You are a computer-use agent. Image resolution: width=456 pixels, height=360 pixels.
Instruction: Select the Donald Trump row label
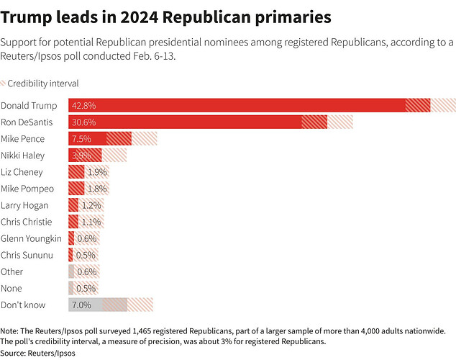coord(29,105)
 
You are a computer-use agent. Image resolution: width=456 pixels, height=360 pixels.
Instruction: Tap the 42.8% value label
coord(83,105)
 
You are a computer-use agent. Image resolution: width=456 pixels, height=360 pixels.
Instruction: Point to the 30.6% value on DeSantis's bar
coord(83,122)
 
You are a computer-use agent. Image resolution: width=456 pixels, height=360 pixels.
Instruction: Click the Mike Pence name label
coord(23,138)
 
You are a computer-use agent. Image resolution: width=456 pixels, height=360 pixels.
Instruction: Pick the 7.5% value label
coord(81,138)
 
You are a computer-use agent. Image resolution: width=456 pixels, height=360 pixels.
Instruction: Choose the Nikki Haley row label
coord(23,155)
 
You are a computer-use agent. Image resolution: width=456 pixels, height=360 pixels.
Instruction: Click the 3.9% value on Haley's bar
coord(81,155)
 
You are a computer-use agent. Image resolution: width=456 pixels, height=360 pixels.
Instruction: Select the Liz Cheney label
coord(22,172)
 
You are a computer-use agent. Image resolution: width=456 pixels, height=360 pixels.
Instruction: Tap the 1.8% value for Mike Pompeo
coord(96,189)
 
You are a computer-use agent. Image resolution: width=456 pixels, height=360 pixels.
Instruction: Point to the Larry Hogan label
coord(24,205)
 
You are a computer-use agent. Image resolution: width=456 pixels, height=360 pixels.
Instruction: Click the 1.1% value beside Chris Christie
coord(91,222)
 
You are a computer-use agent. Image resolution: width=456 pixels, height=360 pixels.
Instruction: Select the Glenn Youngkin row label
coord(31,238)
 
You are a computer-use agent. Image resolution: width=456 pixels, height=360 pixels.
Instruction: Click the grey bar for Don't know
coord(86,305)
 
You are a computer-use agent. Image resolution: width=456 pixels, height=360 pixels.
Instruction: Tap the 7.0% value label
coord(81,305)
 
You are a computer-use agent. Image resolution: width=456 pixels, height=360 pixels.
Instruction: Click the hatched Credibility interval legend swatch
coord(3,84)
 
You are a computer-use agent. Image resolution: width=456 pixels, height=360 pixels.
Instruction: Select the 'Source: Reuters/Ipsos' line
coord(37,353)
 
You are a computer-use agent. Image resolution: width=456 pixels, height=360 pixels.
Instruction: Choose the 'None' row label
coord(11,288)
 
